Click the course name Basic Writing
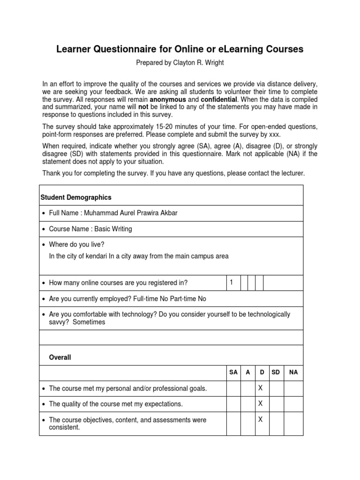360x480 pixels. pyautogui.click(x=113, y=229)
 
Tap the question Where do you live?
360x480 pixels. pyautogui.click(x=77, y=245)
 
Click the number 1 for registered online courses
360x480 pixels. pyautogui.click(x=232, y=282)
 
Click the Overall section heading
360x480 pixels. pyautogui.click(x=60, y=357)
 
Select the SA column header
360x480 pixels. pyautogui.click(x=233, y=372)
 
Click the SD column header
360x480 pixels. pyautogui.click(x=276, y=372)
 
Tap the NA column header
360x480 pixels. pyautogui.click(x=293, y=372)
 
